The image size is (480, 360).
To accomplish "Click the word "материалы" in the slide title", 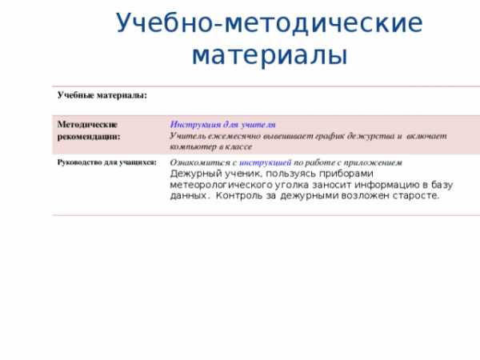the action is click(x=270, y=55).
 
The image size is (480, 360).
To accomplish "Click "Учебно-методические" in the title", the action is click(x=270, y=23).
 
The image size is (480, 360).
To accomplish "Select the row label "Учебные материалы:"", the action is click(x=102, y=95).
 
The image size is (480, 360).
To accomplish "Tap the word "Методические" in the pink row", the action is click(x=87, y=125).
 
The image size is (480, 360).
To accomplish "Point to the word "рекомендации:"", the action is click(x=89, y=137).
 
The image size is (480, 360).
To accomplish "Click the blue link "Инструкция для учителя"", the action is click(x=222, y=125).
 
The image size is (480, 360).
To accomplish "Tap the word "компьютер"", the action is click(x=193, y=147).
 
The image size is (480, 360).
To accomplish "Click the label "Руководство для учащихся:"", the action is click(x=107, y=162).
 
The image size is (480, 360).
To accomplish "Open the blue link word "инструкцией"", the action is click(x=265, y=162).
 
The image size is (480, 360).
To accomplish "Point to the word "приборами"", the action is click(x=346, y=174).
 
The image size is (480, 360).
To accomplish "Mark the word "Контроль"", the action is click(x=238, y=196).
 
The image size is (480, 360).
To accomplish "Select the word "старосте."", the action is click(x=416, y=196).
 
